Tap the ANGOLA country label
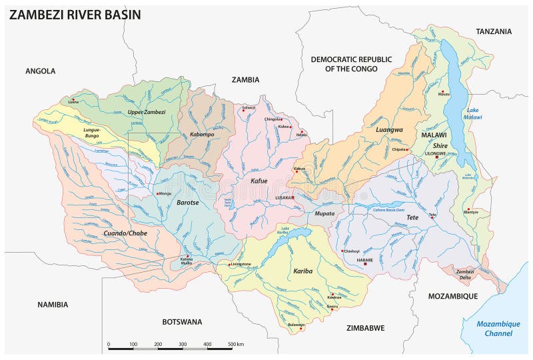pyautogui.click(x=40, y=71)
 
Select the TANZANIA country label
pyautogui.click(x=494, y=31)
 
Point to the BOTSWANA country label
pyautogui.click(x=182, y=321)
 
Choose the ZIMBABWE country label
pyautogui.click(x=365, y=328)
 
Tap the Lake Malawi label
pyautogui.click(x=473, y=113)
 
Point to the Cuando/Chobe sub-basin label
pyautogui.click(x=125, y=233)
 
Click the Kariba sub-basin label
pyautogui.click(x=302, y=272)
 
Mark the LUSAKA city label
pyautogui.click(x=284, y=198)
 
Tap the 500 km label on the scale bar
pyautogui.click(x=235, y=345)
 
